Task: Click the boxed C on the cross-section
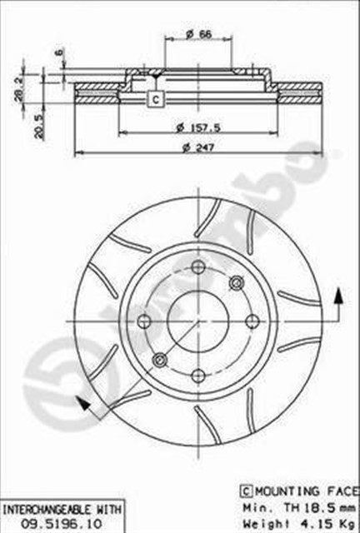pos(155,100)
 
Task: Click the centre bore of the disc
pos(197,320)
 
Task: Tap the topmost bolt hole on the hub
pos(197,267)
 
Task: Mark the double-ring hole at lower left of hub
pos(160,359)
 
